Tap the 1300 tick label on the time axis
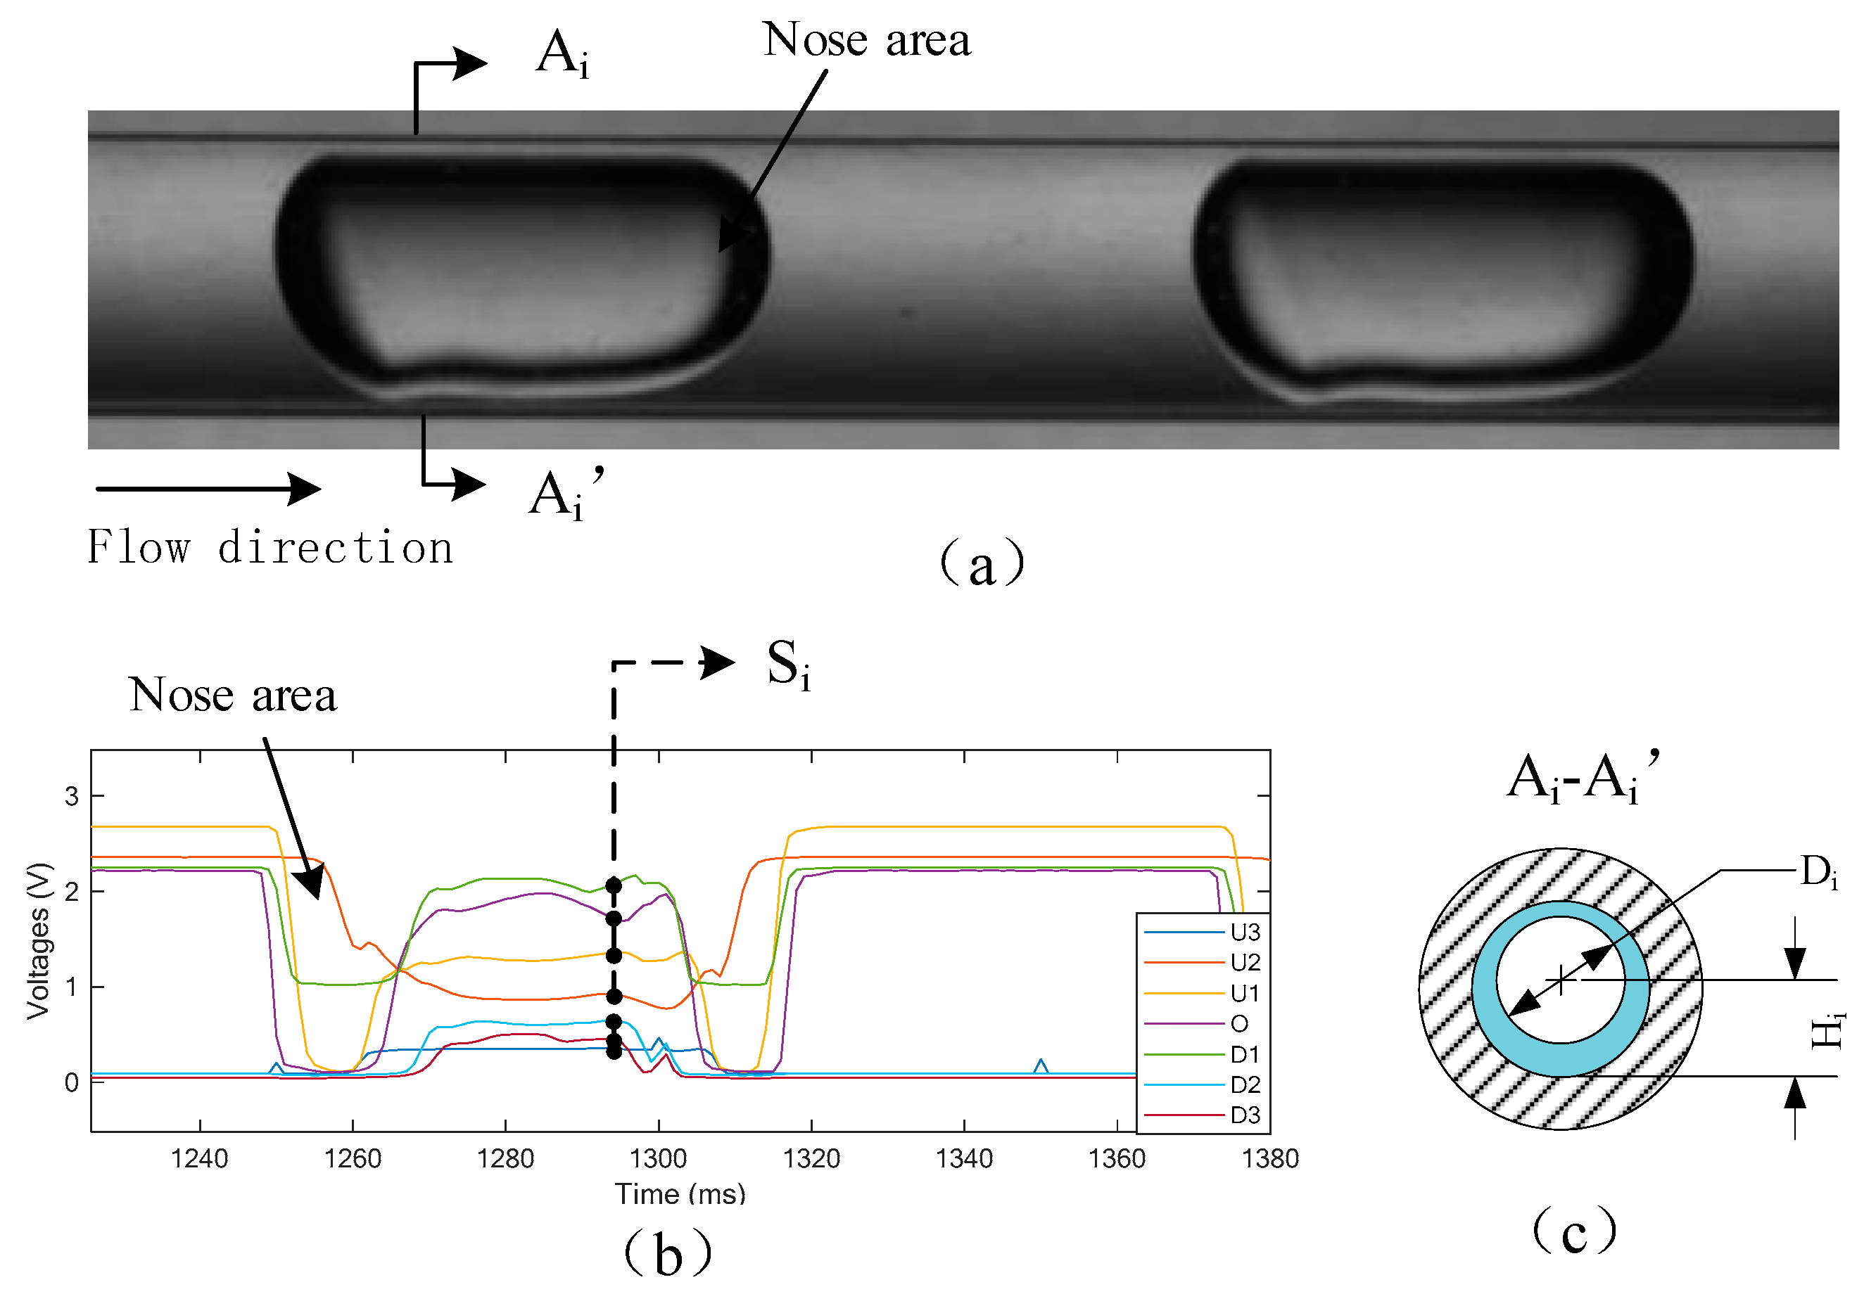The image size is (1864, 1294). [658, 1158]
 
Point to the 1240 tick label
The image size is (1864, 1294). [200, 1158]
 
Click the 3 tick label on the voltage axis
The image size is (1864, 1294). [72, 796]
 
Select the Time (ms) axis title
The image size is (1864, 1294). [680, 1193]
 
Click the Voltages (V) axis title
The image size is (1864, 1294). [38, 940]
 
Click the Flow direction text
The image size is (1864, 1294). [270, 547]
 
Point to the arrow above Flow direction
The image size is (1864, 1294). [208, 489]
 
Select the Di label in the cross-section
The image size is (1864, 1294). [1818, 873]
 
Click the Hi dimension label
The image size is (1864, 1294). [1827, 1030]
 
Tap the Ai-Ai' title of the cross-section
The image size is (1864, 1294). [1582, 779]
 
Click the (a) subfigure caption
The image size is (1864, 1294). [982, 563]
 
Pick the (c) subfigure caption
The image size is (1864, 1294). [1573, 1231]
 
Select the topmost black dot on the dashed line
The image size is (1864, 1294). [614, 885]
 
